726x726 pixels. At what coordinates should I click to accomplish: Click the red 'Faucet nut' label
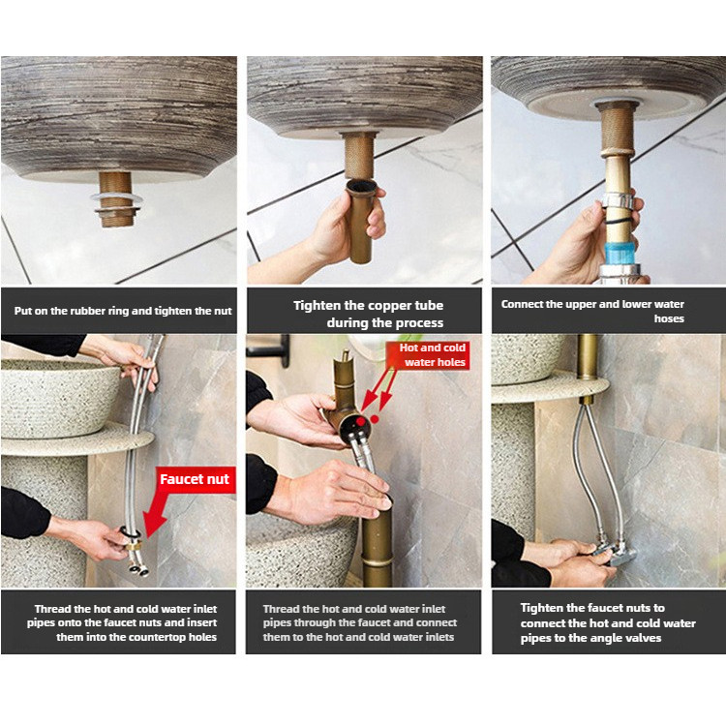pos(195,479)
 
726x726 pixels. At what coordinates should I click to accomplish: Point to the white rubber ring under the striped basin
pos(116,198)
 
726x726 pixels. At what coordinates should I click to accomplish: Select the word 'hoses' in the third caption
pos(669,318)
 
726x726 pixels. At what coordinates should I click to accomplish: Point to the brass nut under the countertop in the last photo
pos(587,400)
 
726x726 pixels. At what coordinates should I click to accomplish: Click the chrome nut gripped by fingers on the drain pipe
pos(618,201)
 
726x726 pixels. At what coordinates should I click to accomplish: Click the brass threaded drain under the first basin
pos(116,199)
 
